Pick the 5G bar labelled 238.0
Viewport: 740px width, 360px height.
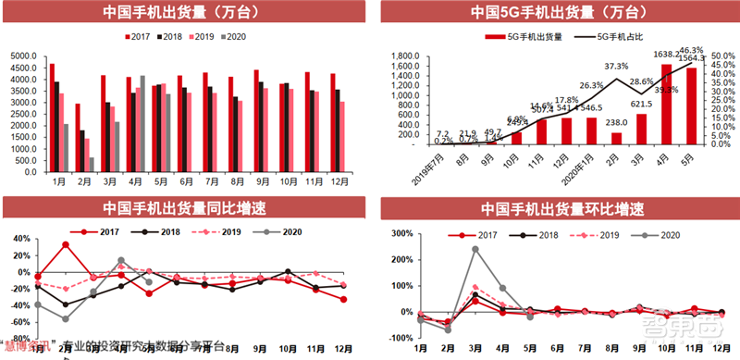617,139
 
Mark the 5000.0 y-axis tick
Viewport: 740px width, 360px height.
23,56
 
